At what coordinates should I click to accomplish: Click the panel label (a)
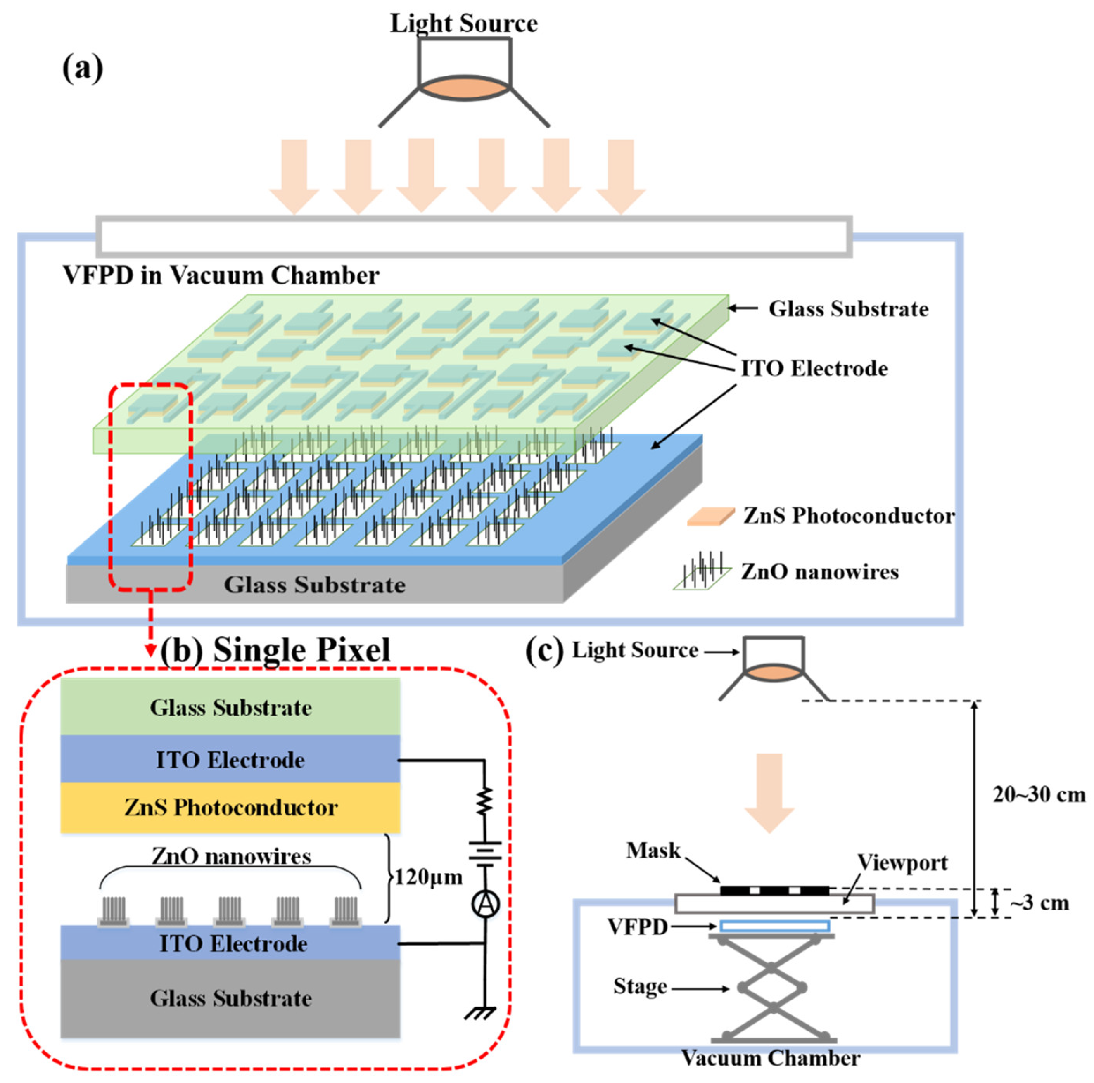[83, 68]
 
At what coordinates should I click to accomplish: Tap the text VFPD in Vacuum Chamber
[221, 276]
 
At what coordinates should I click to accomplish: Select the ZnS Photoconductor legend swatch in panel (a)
[710, 516]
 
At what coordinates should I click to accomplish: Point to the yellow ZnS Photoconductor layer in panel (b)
[230, 807]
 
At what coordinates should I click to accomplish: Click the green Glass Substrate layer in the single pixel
[230, 707]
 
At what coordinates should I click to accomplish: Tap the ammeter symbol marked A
[486, 904]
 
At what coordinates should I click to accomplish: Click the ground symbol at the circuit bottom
[481, 1012]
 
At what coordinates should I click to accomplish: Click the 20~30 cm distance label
[1039, 795]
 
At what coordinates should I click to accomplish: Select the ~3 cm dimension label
[1039, 903]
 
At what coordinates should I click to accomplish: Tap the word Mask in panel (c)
[653, 850]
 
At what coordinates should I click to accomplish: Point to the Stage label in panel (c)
[640, 986]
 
